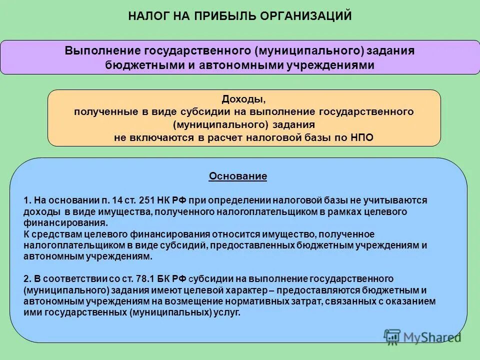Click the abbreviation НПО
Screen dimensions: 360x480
click(x=362, y=138)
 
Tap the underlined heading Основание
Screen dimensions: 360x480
click(x=238, y=176)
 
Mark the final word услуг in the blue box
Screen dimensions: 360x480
click(x=229, y=313)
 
